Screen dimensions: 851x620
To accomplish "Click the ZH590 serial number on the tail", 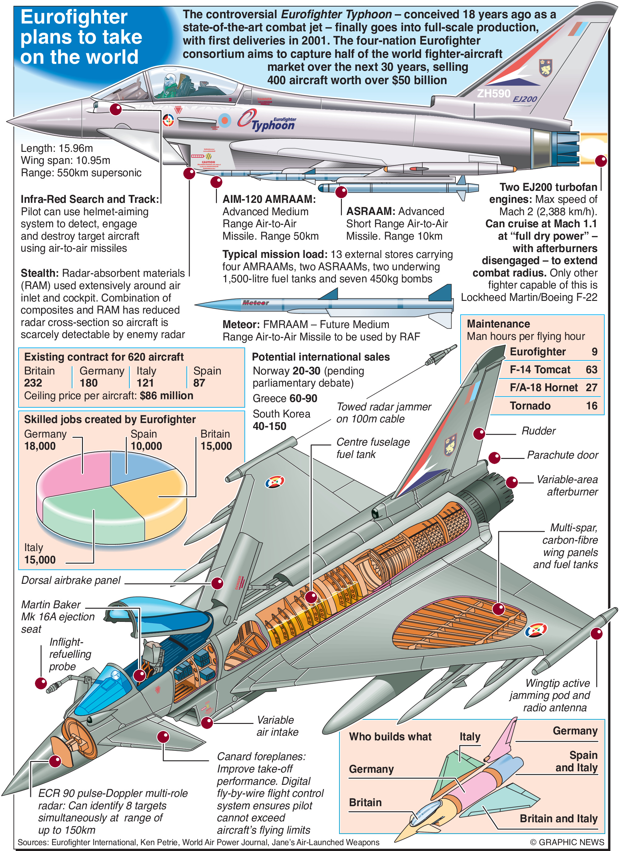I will click(x=493, y=93).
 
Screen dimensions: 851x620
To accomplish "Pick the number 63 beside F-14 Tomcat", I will click(x=592, y=370).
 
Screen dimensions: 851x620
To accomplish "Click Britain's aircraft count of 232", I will click(x=33, y=383).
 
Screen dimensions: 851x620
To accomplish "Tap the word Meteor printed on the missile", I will click(x=255, y=303).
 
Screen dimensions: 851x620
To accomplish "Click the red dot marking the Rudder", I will click(x=479, y=434).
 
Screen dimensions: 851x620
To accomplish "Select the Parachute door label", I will click(x=562, y=455).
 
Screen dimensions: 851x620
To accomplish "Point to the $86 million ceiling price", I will click(x=166, y=396).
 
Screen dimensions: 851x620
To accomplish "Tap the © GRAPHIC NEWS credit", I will click(x=567, y=842).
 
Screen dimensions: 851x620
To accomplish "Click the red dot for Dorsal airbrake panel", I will click(x=217, y=583).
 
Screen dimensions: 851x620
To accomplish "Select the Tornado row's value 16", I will click(x=592, y=406).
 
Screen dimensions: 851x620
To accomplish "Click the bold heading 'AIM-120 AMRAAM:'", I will click(x=269, y=199).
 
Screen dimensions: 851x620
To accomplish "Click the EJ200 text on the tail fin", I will click(x=525, y=99).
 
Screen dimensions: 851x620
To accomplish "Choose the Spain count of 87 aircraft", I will click(x=199, y=383).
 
